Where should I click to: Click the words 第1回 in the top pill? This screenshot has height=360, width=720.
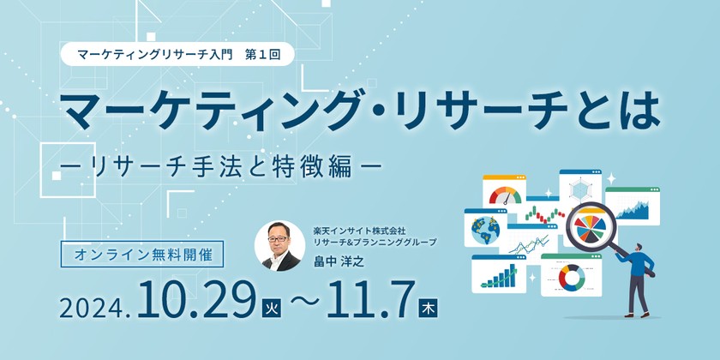pos(262,53)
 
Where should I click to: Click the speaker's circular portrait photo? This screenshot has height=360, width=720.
pos(279,247)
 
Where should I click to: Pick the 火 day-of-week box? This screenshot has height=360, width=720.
pos(269,307)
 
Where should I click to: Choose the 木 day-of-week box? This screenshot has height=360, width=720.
pos(426,307)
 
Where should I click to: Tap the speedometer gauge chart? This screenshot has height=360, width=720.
pos(505,194)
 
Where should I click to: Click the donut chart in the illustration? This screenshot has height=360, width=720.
pos(571,276)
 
